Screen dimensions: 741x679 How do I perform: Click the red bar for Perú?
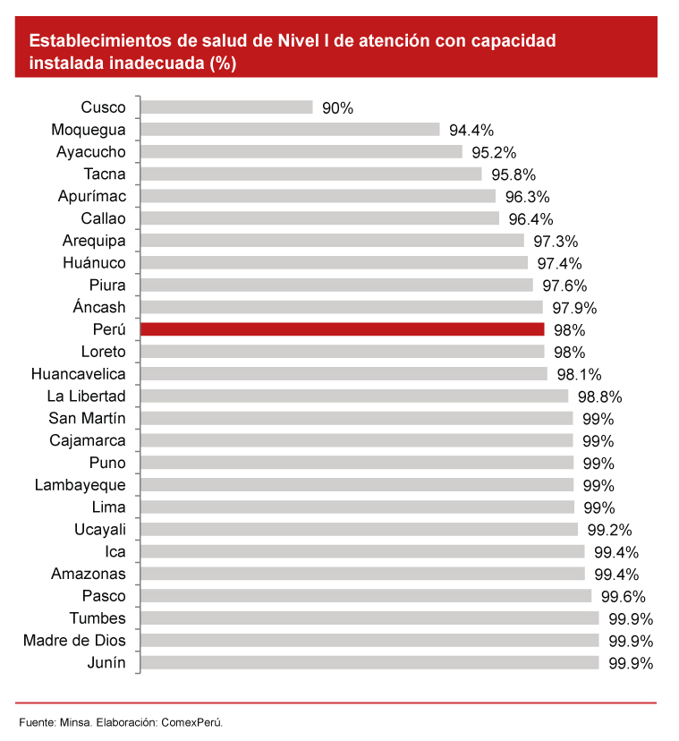coord(343,329)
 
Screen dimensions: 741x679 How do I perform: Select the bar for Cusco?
coord(227,107)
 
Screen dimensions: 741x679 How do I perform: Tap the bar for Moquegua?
coord(291,130)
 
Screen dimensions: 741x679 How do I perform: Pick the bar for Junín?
coord(369,663)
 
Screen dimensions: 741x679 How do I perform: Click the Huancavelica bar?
coord(344,374)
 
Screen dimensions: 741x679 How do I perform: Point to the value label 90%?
coord(338,108)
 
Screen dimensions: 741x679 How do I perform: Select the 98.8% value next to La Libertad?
coord(599,396)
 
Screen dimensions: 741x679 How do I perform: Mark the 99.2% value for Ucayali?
coord(610,530)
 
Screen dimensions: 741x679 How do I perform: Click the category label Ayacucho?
coord(90,152)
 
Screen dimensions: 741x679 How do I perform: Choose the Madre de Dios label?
coord(74,641)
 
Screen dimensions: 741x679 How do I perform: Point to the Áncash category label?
coord(99,308)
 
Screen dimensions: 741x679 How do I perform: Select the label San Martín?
coord(88,419)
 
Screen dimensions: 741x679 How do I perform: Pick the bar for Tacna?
coord(311,175)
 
